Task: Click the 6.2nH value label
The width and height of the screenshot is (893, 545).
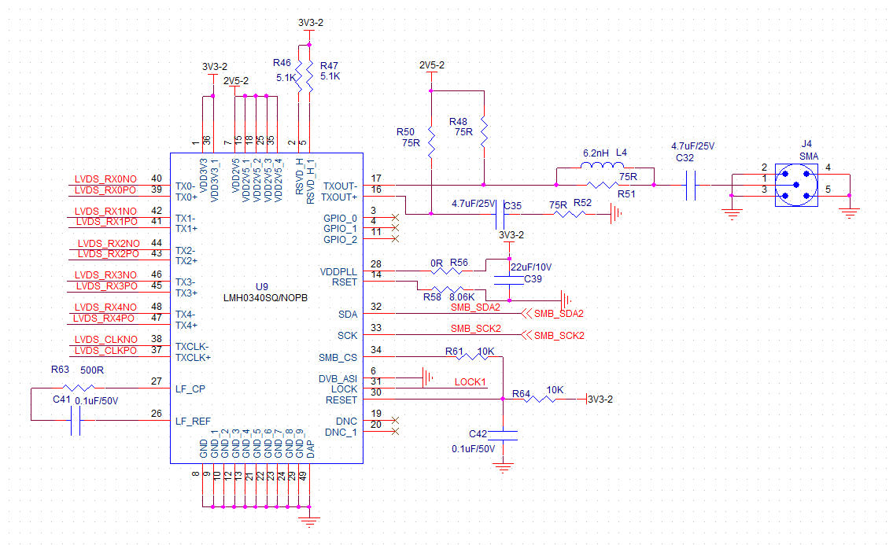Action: click(596, 153)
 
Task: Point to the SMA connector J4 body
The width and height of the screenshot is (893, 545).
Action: click(796, 185)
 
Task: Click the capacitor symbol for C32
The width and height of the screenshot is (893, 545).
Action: click(691, 186)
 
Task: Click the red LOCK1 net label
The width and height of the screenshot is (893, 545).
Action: click(470, 382)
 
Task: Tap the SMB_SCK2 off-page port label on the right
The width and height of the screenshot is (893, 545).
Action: click(559, 336)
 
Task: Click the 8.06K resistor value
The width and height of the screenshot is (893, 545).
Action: click(462, 297)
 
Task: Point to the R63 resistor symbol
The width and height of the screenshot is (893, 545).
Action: click(79, 388)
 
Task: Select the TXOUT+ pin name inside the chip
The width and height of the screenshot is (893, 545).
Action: click(339, 197)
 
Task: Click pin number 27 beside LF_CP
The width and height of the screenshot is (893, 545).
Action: click(156, 382)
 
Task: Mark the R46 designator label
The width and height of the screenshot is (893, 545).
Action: click(282, 62)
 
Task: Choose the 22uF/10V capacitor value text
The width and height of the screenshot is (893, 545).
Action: click(533, 267)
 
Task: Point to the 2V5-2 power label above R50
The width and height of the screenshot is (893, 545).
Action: click(431, 65)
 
